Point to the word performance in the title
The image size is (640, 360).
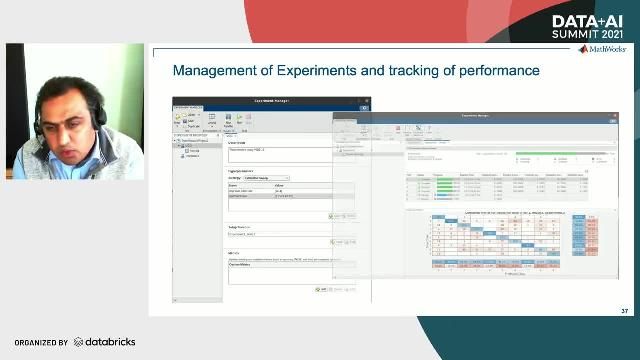[495, 71]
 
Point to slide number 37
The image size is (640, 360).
[623, 310]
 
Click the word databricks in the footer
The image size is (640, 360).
[108, 342]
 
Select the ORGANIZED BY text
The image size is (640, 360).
[40, 342]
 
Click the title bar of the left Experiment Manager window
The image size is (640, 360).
[270, 102]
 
